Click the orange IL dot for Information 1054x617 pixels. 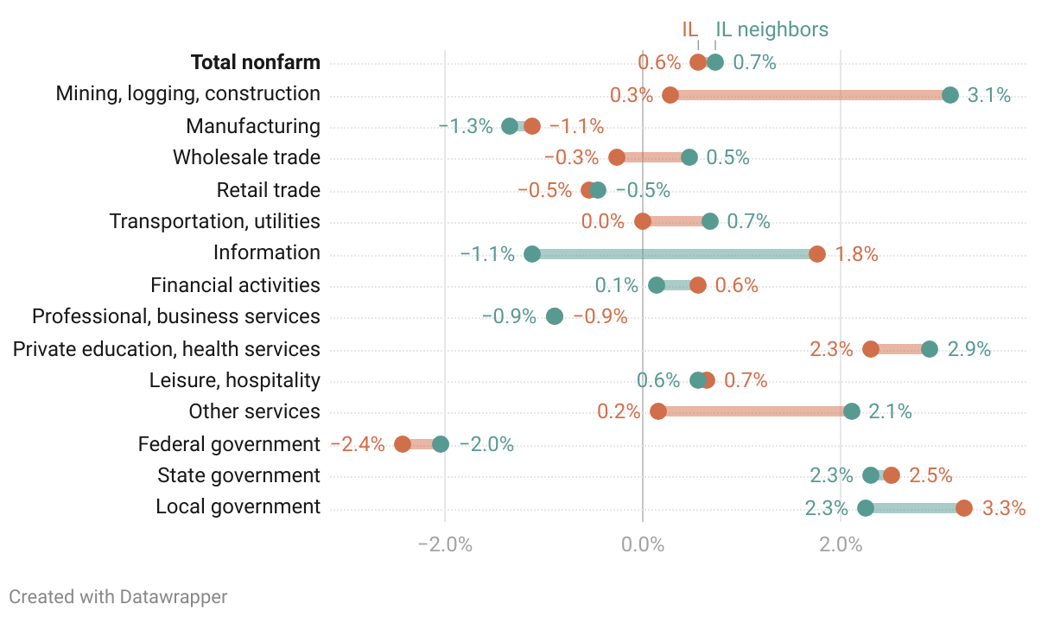817,254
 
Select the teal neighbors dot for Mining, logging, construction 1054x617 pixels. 950,95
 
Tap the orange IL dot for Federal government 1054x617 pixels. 403,444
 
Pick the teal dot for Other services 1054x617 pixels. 852,411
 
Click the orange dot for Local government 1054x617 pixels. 964,508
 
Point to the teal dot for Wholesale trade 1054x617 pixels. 689,157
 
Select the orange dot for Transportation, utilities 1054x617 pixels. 643,221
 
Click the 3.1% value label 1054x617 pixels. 989,95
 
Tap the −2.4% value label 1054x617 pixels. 358,444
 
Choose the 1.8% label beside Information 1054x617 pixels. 856,254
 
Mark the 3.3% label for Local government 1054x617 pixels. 1004,508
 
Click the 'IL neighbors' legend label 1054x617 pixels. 771,29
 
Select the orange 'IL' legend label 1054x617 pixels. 689,29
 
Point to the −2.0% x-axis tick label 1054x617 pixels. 445,544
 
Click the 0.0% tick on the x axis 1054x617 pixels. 643,544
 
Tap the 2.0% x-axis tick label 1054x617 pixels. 841,544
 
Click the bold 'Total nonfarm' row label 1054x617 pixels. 255,62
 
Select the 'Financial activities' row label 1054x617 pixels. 235,285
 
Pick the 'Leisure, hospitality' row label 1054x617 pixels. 234,380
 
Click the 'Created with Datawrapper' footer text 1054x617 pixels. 118,596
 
